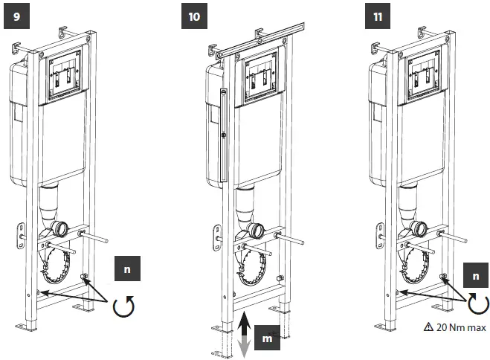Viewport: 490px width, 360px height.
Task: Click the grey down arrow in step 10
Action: click(x=245, y=347)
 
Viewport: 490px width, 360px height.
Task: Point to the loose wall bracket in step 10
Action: click(x=217, y=236)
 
